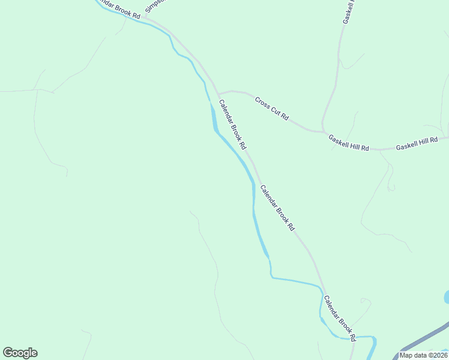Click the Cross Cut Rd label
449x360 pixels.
coord(272,109)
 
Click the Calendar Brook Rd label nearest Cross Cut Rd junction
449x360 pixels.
coord(232,124)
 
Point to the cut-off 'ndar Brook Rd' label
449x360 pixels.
coord(118,8)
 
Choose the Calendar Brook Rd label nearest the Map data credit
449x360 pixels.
coord(340,317)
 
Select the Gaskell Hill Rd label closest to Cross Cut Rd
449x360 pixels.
coord(348,143)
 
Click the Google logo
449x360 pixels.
coord(20,353)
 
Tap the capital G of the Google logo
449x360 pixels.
coord(8,353)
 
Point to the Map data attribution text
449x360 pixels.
coord(423,355)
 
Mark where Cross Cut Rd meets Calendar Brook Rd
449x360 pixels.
coord(218,94)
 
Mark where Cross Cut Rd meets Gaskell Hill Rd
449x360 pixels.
coord(324,131)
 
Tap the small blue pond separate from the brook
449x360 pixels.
coord(446,296)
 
